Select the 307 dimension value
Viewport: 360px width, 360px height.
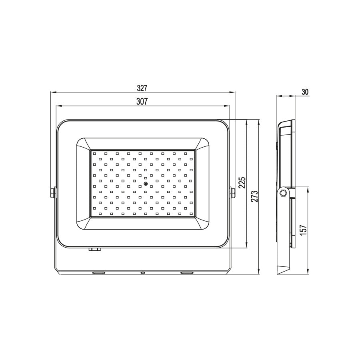tap(143, 102)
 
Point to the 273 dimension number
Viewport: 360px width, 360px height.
tap(255, 197)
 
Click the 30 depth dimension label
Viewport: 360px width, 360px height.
tap(305, 92)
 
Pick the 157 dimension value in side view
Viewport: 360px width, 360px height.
tap(304, 231)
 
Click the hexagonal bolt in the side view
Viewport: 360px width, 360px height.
tap(283, 193)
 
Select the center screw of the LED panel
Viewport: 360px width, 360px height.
tap(146, 184)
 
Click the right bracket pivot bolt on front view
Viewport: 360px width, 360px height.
tap(233, 193)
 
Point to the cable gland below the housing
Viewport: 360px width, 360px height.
tap(94, 250)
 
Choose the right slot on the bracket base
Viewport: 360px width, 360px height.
tap(187, 273)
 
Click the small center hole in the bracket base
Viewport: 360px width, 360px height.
tap(142, 273)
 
